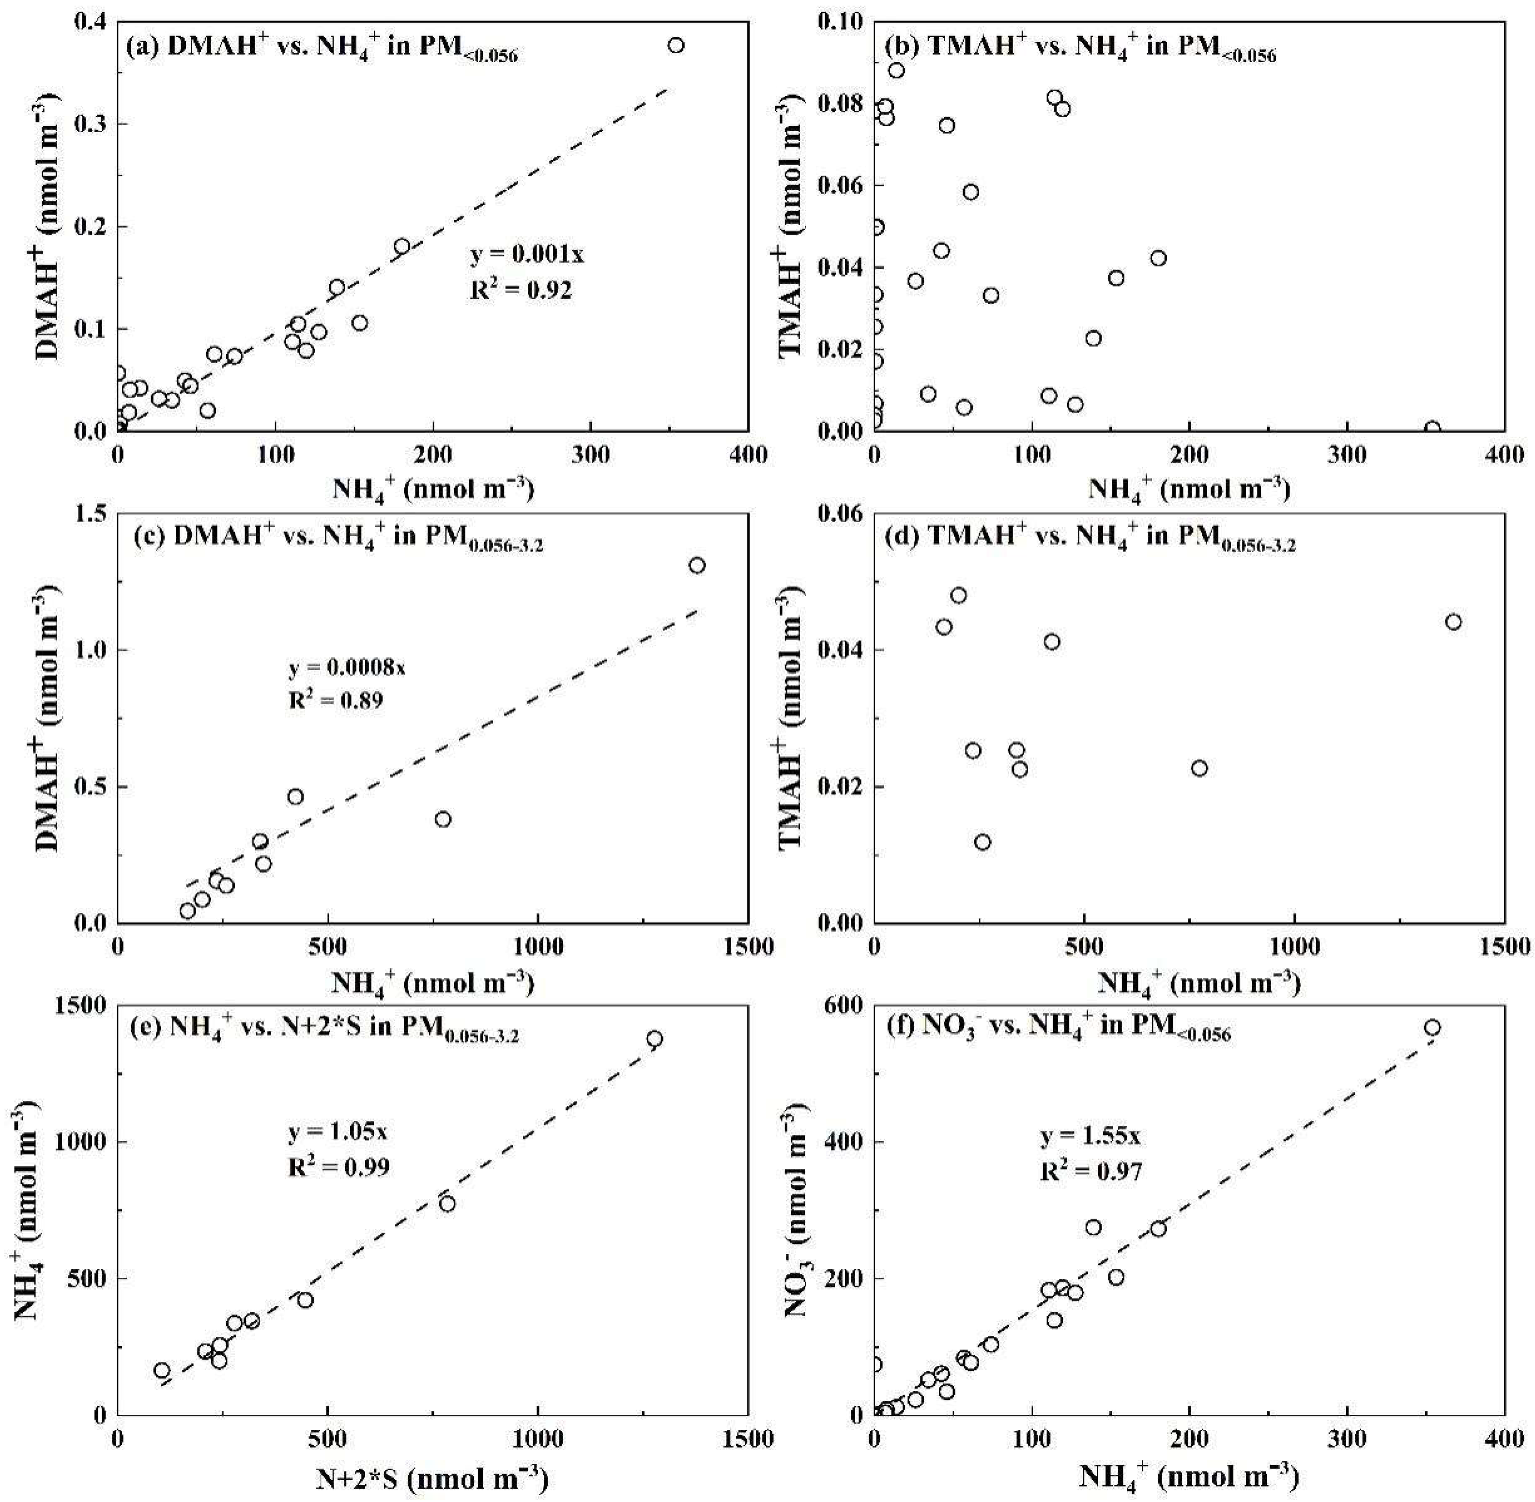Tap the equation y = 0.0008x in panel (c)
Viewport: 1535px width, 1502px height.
click(347, 669)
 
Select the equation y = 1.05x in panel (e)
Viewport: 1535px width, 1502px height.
click(337, 1133)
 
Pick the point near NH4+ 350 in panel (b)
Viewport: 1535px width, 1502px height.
click(1432, 428)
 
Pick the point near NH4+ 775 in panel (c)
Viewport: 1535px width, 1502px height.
click(443, 819)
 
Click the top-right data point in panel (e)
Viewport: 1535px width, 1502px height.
click(654, 1038)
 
